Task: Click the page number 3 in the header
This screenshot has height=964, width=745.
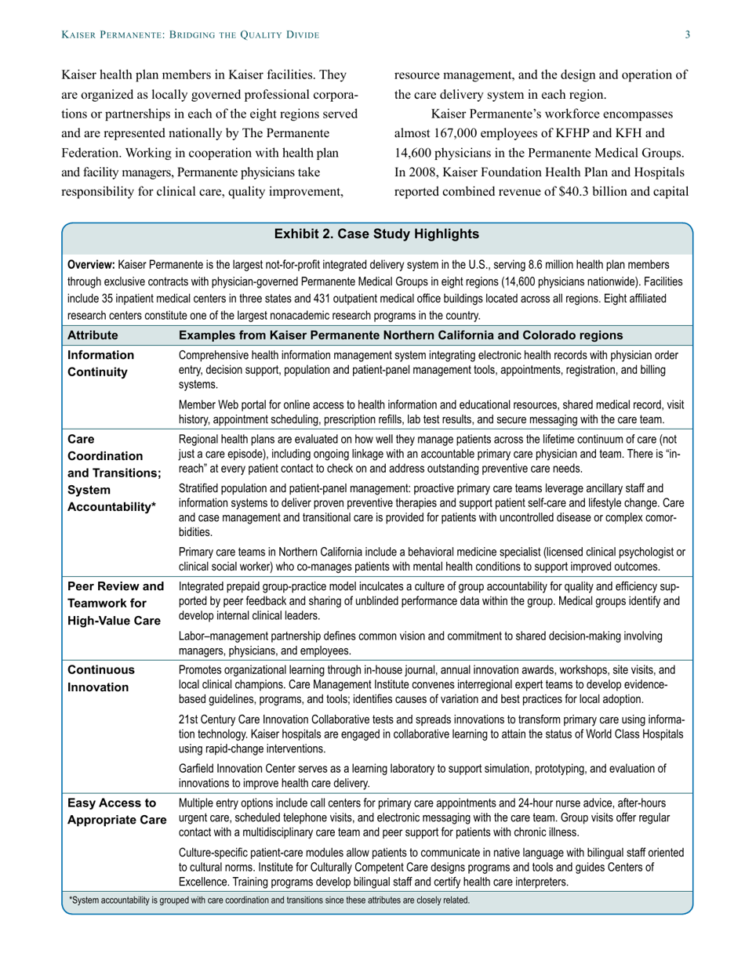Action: point(687,34)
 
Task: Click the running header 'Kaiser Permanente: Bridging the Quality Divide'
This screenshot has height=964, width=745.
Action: point(191,34)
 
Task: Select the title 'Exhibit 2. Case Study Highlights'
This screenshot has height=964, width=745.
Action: point(376,234)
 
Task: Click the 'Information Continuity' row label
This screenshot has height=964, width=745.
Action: point(101,364)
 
